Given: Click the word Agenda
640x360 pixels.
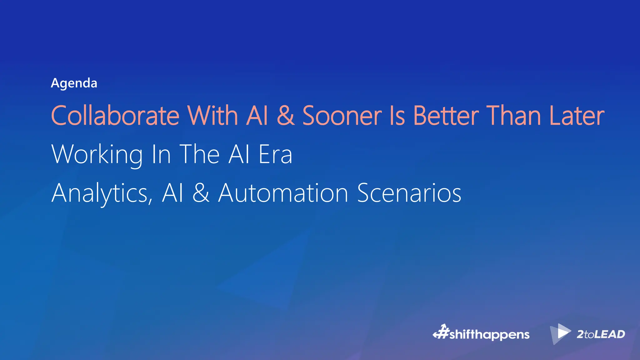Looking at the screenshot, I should tap(74, 83).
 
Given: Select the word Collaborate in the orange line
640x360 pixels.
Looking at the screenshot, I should tap(115, 116).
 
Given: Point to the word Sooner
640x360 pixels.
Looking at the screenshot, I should tap(342, 116).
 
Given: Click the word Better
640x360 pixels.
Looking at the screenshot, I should tap(446, 116).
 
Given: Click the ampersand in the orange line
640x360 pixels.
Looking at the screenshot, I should tap(285, 116).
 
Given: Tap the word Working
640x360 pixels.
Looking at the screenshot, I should tap(97, 154).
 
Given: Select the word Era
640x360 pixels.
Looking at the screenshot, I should tap(275, 154).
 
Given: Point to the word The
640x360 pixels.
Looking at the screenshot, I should tap(199, 154).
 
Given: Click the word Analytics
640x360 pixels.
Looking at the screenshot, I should tap(102, 193).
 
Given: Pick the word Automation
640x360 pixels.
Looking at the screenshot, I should tap(283, 193).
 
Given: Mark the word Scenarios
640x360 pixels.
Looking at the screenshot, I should tap(409, 193).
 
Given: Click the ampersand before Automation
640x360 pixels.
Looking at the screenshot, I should tap(201, 193).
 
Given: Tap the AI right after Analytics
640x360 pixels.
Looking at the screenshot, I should tap(172, 193).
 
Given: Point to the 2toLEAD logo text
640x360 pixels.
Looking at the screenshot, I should tap(601, 334).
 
